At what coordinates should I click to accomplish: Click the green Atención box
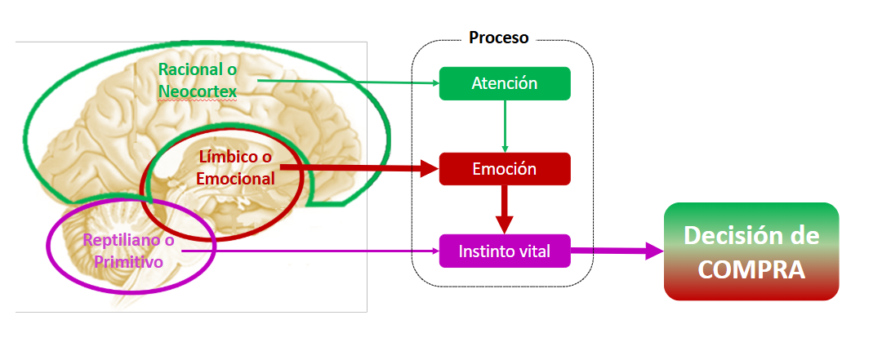click(505, 83)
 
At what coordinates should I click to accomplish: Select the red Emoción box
click(505, 170)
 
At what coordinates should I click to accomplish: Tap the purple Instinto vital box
click(505, 251)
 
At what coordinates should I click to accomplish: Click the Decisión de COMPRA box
click(751, 251)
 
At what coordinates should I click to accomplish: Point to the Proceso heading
click(498, 38)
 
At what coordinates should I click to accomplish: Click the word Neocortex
click(198, 92)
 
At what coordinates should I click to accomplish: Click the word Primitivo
click(127, 262)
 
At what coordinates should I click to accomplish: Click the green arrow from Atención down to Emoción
click(505, 126)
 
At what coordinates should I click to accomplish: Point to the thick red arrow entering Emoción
click(359, 169)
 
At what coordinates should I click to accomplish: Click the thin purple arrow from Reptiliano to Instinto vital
click(310, 251)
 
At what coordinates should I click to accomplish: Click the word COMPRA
click(752, 269)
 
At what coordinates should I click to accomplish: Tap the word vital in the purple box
click(534, 251)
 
